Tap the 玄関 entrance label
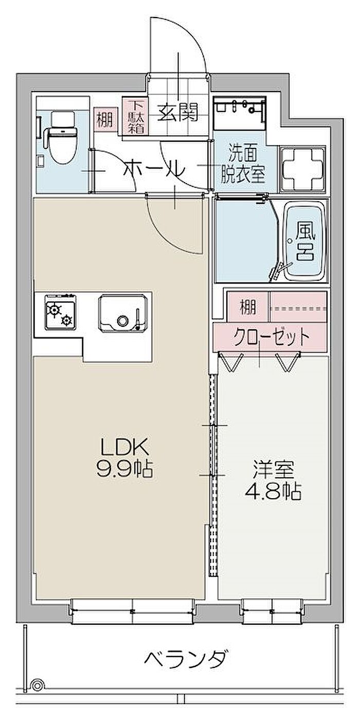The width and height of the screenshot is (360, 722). click(x=177, y=112)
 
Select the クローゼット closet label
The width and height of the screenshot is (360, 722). click(x=272, y=337)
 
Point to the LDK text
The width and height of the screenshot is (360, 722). click(x=124, y=448)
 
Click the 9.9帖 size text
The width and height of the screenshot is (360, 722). click(x=124, y=470)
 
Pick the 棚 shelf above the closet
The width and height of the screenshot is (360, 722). click(x=247, y=307)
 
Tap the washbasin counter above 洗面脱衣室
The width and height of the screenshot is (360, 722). click(x=240, y=113)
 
